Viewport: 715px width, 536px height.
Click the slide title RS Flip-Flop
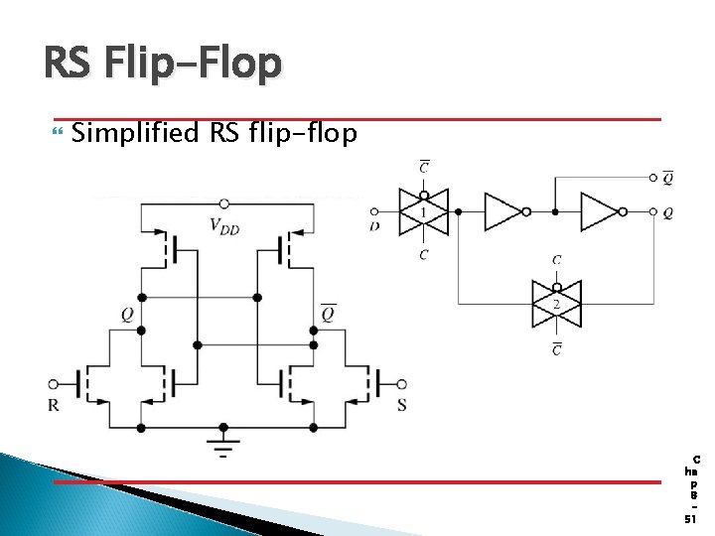(163, 66)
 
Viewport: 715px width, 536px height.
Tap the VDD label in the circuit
(224, 225)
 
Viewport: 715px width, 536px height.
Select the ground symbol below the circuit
(224, 441)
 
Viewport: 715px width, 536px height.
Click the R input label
(53, 405)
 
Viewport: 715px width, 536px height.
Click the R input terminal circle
(53, 384)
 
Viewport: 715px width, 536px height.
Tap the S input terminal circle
(401, 384)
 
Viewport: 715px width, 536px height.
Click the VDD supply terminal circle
(224, 202)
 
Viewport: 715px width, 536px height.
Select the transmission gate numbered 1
(423, 211)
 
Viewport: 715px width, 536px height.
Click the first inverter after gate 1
(503, 211)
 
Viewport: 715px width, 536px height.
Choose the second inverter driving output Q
(600, 211)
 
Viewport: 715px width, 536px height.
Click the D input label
(374, 227)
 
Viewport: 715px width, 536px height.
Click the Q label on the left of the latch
(127, 315)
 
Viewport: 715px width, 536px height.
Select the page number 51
(690, 519)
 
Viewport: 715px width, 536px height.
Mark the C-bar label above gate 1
(424, 167)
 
